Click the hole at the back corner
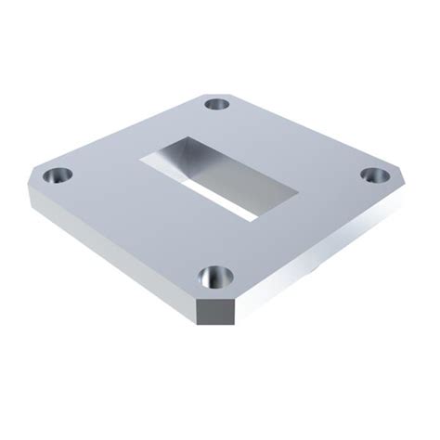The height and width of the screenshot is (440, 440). (219, 104)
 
